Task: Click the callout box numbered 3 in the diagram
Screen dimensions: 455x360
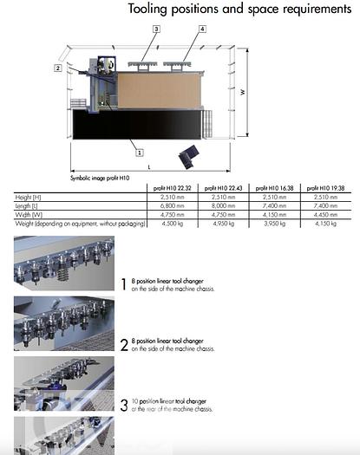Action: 156,29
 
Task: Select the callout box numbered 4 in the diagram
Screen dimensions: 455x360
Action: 202,29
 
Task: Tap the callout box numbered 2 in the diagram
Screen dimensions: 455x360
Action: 57,67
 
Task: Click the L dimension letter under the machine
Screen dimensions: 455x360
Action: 148,166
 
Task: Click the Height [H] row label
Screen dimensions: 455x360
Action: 30,198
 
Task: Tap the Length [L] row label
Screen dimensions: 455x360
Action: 30,205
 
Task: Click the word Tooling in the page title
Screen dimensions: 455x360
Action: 151,10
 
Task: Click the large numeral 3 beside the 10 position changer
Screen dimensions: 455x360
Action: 125,403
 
